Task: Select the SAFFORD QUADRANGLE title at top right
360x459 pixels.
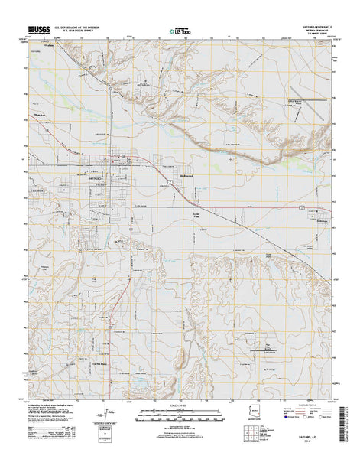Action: click(x=305, y=27)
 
